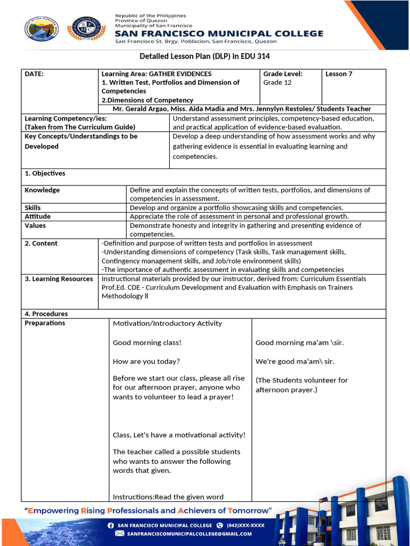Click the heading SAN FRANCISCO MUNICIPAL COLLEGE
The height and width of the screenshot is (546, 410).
(219, 34)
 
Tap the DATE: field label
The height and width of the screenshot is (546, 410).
(34, 74)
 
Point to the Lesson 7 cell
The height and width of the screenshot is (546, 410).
(339, 74)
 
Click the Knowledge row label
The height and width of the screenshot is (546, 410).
(42, 190)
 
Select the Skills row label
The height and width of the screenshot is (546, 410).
(33, 208)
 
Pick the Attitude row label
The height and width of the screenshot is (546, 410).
(37, 216)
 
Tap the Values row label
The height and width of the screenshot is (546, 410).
(35, 226)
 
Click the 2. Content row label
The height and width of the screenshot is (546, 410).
(41, 243)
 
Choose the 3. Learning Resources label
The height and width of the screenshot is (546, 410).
(59, 279)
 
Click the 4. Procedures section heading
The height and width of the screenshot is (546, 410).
(46, 314)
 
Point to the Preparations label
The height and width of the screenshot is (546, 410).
(45, 323)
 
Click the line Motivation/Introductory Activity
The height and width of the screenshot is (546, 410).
(167, 324)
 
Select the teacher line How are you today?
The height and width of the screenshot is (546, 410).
(146, 362)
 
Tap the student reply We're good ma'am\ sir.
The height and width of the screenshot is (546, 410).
(295, 362)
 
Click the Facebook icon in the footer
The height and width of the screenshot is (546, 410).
(111, 525)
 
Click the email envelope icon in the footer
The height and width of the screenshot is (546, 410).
(119, 533)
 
